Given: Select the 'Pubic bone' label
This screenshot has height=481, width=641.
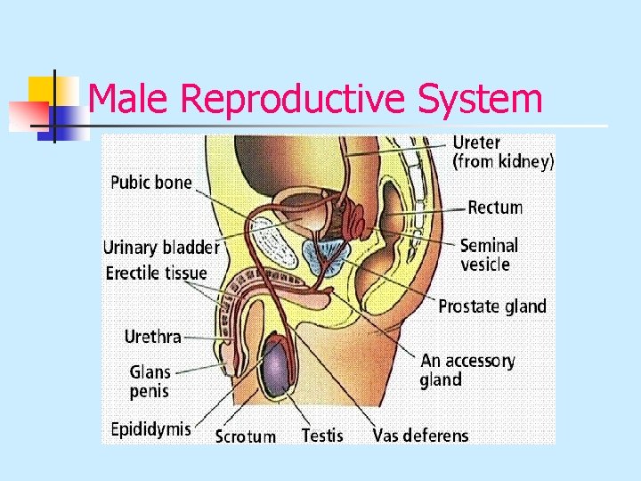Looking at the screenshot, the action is [x=150, y=183].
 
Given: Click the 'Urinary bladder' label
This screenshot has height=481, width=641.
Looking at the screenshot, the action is [x=161, y=248].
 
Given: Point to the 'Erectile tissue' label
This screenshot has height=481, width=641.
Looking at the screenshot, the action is [x=156, y=273].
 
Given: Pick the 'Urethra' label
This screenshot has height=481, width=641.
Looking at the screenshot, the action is [x=152, y=337].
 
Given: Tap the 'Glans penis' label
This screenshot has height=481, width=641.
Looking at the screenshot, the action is [x=150, y=381].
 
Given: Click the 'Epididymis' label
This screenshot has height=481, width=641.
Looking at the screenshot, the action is [x=150, y=429].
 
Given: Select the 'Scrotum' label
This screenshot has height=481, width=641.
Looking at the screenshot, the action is [x=246, y=436].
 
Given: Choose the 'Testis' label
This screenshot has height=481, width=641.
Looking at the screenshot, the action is [x=322, y=436].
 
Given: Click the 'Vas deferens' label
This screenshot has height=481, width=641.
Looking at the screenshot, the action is [x=420, y=436].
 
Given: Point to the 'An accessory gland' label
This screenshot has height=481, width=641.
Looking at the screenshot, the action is [x=467, y=371].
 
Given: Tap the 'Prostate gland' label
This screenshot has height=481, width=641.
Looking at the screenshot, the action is [x=492, y=306].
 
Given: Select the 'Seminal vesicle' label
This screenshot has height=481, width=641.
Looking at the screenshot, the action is [x=489, y=254].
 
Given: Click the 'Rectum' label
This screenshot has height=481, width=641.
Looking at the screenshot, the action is [x=495, y=208].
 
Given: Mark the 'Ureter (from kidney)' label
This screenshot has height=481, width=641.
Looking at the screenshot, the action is [x=502, y=151].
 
